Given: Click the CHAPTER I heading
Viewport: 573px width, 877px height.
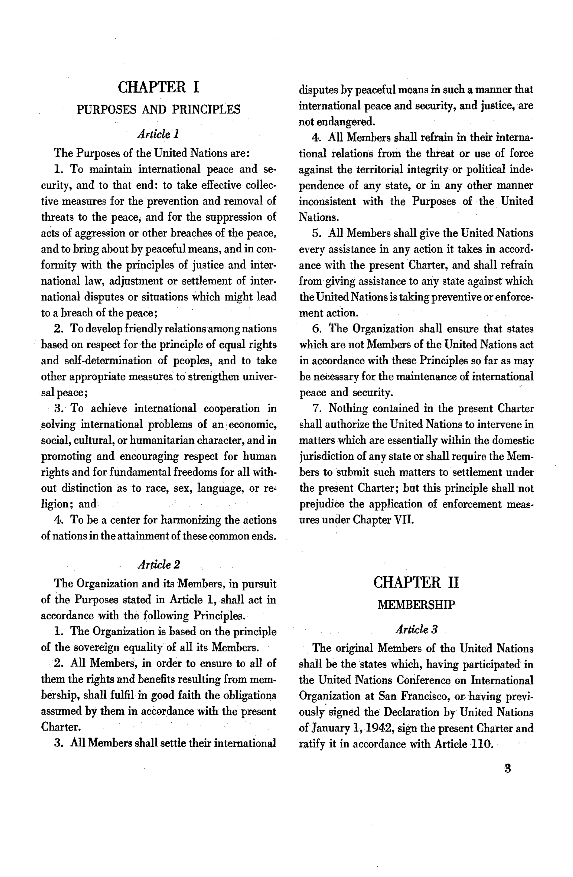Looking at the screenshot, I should click(158, 87).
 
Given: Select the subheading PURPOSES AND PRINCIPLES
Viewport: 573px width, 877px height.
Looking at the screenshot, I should click(158, 110).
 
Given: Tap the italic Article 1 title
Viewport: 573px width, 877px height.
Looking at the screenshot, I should click(158, 134).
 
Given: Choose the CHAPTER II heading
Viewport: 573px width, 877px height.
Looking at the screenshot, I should click(416, 583).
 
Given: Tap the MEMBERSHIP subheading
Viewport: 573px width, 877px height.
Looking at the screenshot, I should click(416, 605).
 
